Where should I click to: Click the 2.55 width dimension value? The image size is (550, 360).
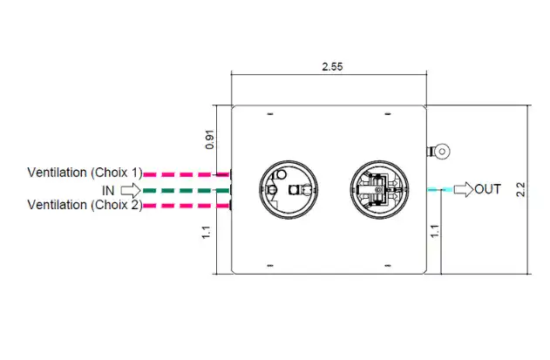tap(332, 66)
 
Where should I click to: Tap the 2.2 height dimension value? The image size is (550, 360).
tap(521, 189)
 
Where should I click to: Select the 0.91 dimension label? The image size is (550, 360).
tap(210, 139)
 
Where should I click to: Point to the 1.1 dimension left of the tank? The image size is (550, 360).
tap(207, 232)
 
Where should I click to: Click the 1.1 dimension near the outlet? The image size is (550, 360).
tap(435, 231)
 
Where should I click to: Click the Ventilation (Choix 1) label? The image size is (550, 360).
tap(85, 173)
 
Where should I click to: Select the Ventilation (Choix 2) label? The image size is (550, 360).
tap(85, 205)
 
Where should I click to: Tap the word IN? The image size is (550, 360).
tap(108, 191)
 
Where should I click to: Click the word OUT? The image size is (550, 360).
tap(487, 189)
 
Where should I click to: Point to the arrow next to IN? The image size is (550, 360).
tap(131, 191)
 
